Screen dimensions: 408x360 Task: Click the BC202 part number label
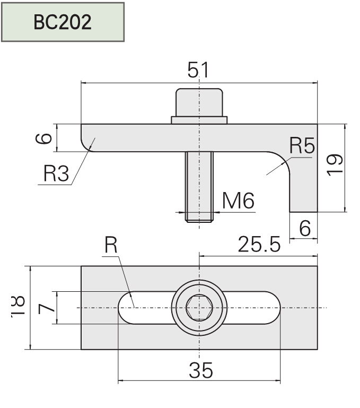[63, 22]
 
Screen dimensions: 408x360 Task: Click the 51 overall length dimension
[198, 70]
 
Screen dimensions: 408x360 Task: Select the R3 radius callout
[56, 173]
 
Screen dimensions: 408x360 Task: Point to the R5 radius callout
[302, 145]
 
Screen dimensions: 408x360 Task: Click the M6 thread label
[238, 201]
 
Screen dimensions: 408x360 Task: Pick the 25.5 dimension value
[258, 245]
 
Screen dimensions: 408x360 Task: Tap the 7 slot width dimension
[46, 308]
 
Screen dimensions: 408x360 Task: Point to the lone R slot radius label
[110, 245]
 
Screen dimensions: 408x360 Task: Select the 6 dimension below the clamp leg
[304, 228]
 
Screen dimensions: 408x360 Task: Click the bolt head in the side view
[199, 102]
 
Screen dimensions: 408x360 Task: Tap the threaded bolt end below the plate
[199, 186]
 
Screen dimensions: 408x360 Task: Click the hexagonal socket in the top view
[199, 308]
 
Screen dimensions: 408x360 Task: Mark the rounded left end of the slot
[127, 308]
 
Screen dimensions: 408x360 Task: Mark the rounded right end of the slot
[271, 308]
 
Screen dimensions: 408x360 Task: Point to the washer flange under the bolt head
[199, 120]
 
